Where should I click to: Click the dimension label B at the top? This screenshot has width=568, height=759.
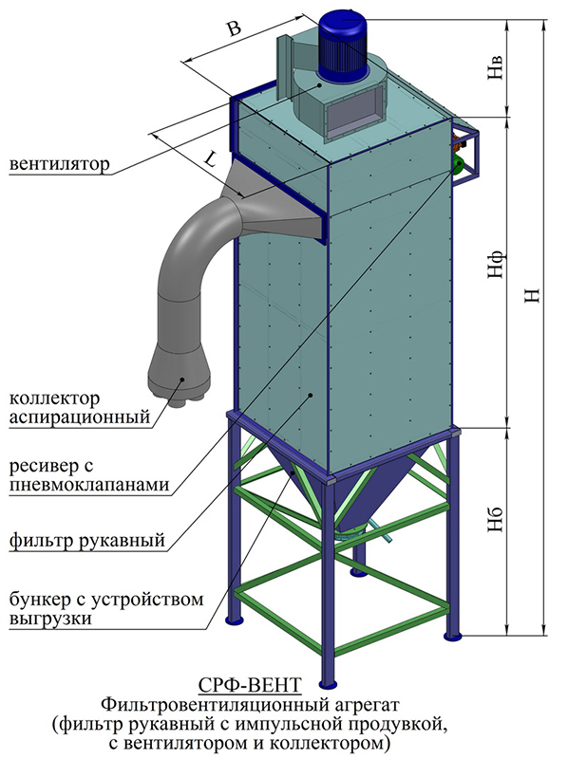[235, 30]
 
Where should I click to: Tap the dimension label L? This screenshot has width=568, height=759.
[210, 159]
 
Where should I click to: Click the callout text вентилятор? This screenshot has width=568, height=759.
[60, 164]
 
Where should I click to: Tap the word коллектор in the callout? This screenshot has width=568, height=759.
[55, 398]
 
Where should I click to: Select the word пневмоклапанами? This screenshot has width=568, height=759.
[89, 484]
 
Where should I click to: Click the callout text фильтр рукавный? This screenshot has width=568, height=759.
[87, 540]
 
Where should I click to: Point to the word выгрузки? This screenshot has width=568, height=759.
[50, 619]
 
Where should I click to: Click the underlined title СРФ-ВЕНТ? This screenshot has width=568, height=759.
[250, 685]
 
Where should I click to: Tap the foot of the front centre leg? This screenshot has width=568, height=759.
[329, 684]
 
